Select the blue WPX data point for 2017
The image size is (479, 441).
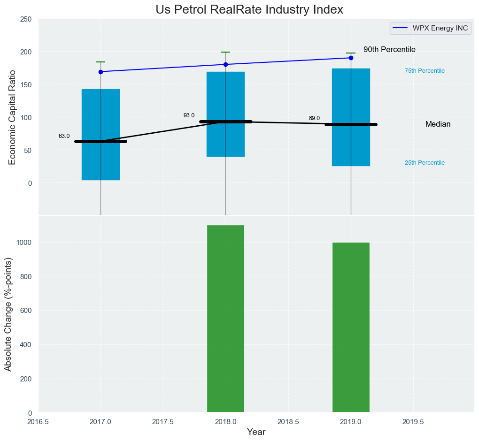pos(100,72)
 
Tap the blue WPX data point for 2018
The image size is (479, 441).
pos(225,64)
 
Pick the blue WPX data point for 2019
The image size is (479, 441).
pos(351,58)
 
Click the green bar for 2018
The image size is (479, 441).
pos(225,319)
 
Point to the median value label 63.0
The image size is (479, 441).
pos(64,136)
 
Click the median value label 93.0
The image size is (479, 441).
pos(189,115)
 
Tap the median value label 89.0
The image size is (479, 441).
pos(314,118)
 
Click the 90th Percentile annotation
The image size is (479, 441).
pos(389,50)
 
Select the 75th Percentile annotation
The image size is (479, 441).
pos(425,71)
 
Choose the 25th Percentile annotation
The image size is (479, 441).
pos(425,163)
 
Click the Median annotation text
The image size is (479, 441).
pos(438,124)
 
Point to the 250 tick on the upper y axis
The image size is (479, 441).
pos(25,19)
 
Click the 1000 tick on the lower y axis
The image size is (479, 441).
pos(23,243)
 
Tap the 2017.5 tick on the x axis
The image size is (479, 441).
pos(163,421)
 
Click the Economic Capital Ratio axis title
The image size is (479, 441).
pos(12,117)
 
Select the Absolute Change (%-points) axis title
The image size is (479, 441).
pos(8,314)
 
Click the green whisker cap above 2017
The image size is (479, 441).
pos(100,62)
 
